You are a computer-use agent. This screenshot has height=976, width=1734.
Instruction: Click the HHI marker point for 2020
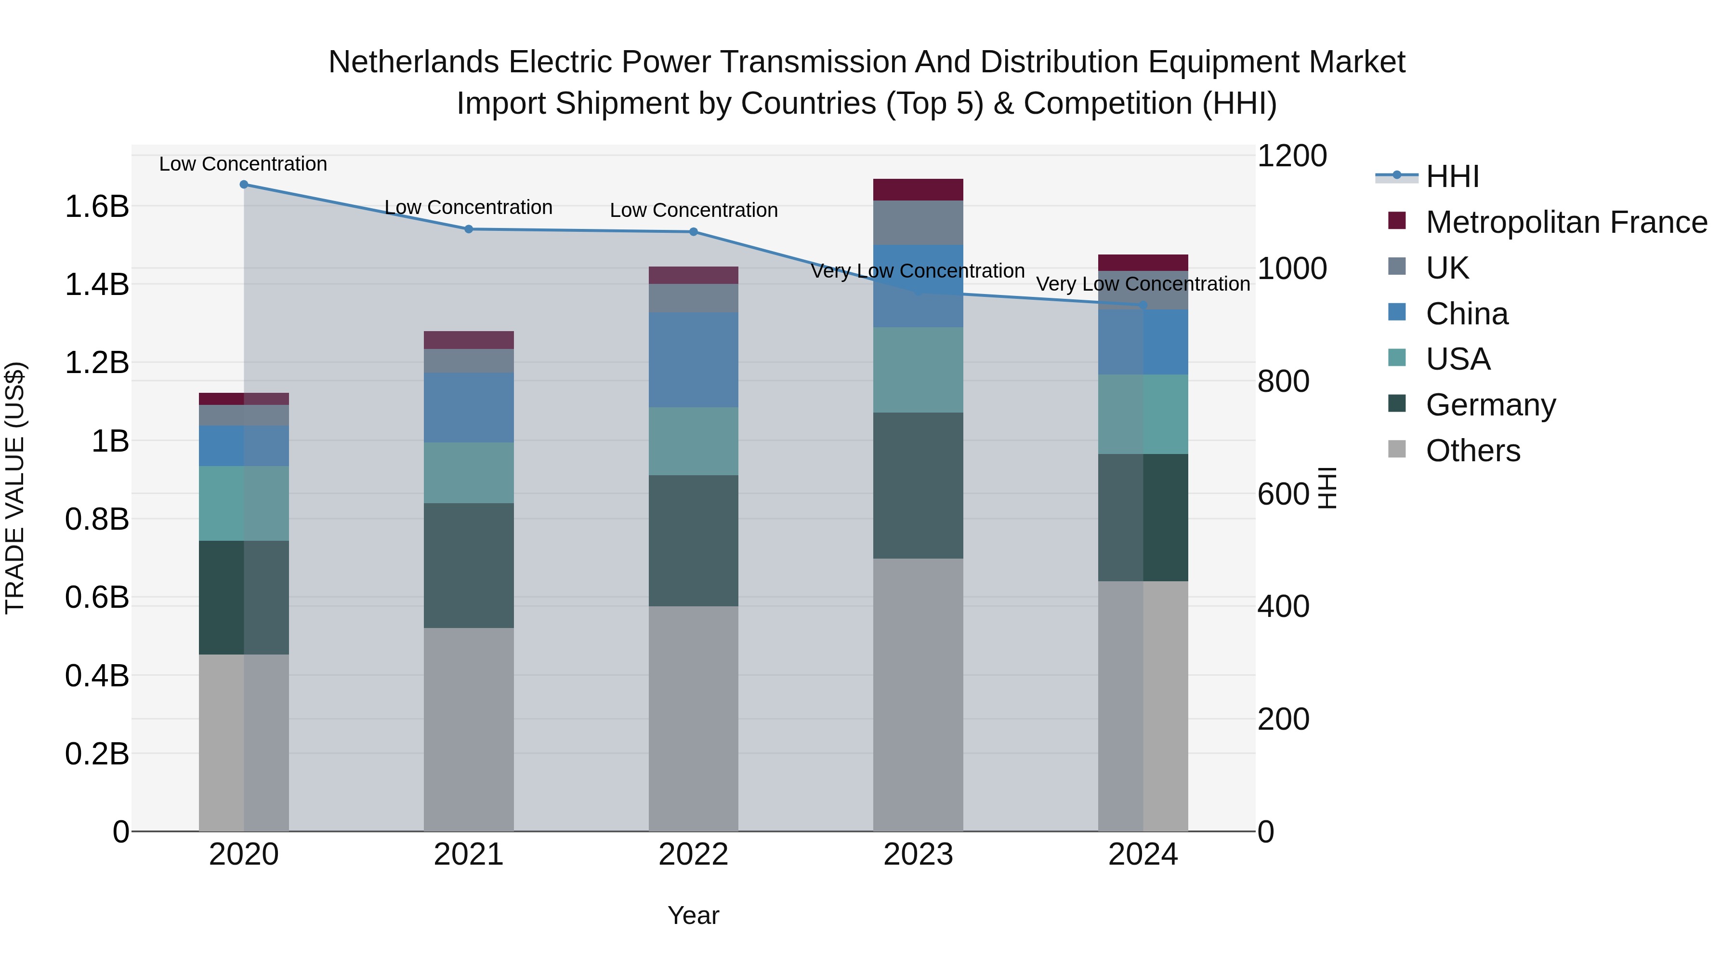point(244,185)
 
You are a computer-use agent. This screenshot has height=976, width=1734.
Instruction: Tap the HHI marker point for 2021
point(469,229)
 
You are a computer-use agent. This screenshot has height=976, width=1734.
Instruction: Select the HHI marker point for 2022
point(693,232)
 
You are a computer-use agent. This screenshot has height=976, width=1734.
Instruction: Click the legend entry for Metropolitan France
point(1566,222)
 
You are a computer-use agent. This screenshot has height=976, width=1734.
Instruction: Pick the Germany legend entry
point(1490,405)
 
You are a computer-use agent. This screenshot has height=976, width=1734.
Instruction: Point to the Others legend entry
point(1473,451)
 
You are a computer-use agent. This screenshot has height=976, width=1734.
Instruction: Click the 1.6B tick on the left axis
point(97,206)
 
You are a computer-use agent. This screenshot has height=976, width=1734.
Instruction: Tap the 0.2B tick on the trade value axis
point(97,754)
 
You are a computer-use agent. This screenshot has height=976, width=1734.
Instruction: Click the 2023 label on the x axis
point(918,855)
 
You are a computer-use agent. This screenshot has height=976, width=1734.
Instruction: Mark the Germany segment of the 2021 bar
point(469,566)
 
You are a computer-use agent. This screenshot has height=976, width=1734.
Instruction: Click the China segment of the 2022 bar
point(693,360)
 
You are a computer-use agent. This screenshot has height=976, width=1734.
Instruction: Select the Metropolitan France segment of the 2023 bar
point(918,189)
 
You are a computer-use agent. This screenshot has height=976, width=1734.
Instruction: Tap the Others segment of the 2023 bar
point(918,694)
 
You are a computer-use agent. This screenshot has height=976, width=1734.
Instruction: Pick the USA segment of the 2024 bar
point(1143,414)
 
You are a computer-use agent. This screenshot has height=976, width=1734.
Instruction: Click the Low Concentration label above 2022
point(693,210)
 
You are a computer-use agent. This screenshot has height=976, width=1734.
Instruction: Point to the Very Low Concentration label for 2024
point(1143,284)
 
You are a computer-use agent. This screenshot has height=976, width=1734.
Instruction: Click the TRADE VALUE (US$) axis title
point(15,488)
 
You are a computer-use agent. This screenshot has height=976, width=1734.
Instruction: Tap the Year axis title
point(693,915)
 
